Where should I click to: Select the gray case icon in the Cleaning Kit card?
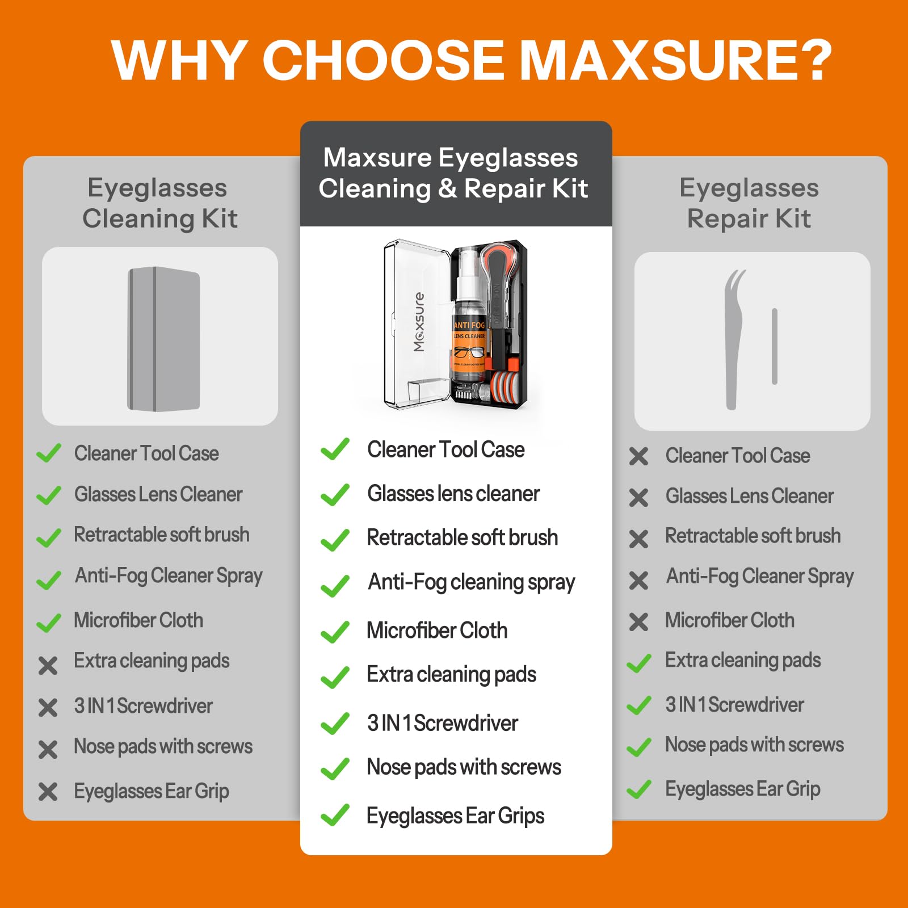coord(163,339)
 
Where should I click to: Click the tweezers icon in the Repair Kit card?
coord(733,339)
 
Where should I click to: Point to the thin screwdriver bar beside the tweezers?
coord(774,346)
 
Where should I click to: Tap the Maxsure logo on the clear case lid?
coord(419,322)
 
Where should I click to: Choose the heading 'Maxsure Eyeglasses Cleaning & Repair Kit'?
coord(453,173)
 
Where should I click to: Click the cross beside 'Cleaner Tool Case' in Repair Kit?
coord(638,456)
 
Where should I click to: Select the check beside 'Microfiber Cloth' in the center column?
coord(335,632)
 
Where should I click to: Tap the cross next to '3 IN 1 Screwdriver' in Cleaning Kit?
coord(48,707)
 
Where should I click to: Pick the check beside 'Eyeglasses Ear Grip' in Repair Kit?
coord(639,789)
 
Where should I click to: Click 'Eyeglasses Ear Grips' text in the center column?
coord(455,816)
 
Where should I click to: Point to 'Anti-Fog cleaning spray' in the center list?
coord(471,582)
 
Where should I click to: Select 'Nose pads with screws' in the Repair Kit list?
coord(754,745)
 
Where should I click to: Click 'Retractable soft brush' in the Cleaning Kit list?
coord(162,535)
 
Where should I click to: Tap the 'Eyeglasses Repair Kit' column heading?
coord(749,203)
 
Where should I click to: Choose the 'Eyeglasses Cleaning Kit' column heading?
coord(159,203)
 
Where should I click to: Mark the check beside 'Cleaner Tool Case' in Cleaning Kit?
coord(49,453)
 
